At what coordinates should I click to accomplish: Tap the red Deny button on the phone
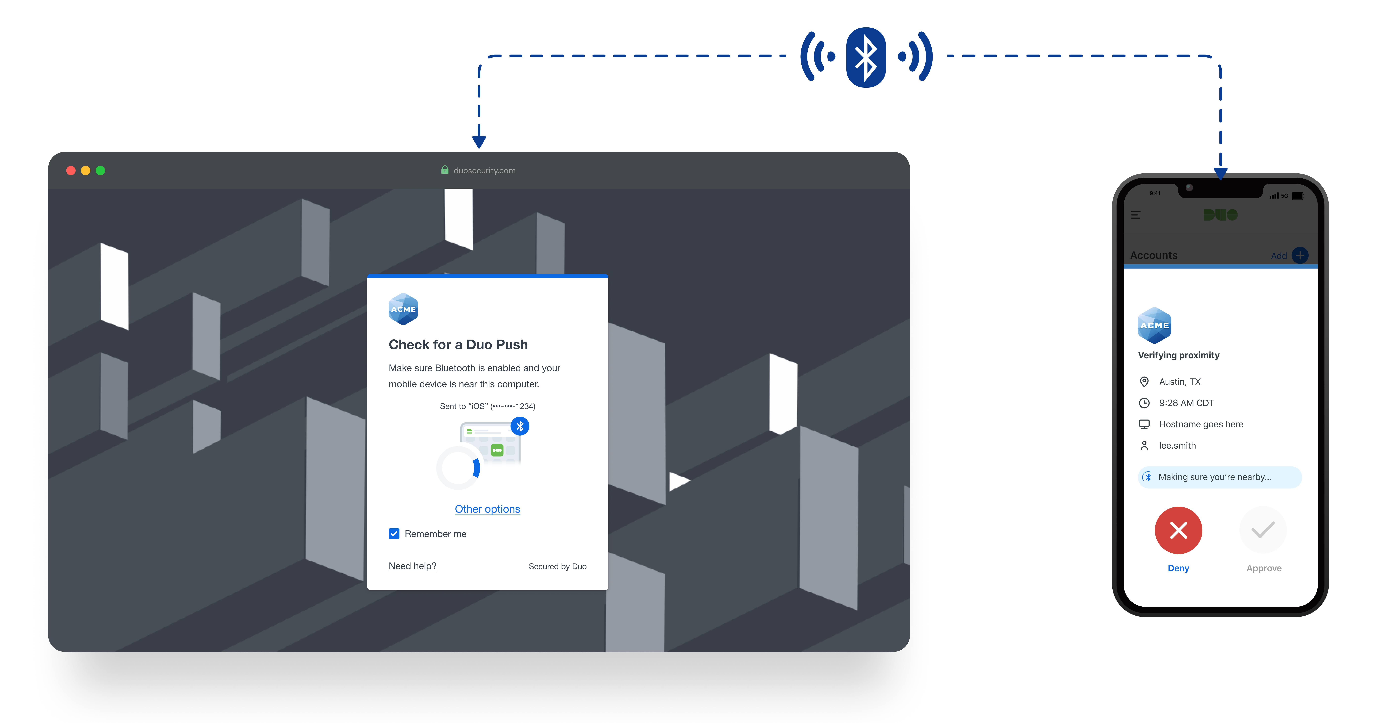point(1178,530)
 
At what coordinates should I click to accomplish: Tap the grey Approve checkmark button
point(1263,530)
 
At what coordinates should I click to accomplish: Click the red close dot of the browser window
point(71,170)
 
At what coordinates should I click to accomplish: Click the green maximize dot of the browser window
point(101,170)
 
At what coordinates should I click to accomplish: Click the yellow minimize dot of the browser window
point(85,170)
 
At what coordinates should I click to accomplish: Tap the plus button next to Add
point(1300,255)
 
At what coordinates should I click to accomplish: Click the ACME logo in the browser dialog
point(403,309)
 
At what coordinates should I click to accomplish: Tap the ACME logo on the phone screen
point(1155,325)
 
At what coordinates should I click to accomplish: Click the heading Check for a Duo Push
point(458,345)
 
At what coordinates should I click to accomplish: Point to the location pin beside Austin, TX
point(1144,382)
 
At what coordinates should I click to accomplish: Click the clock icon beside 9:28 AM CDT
point(1144,403)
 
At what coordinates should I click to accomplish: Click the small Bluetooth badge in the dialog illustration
point(520,426)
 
